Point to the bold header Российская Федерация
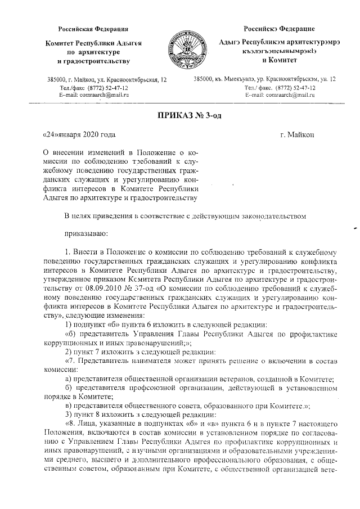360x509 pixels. (94, 29)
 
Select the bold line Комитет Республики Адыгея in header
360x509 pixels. (94, 43)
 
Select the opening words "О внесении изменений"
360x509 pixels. (81, 152)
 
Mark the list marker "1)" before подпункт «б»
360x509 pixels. (68, 325)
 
